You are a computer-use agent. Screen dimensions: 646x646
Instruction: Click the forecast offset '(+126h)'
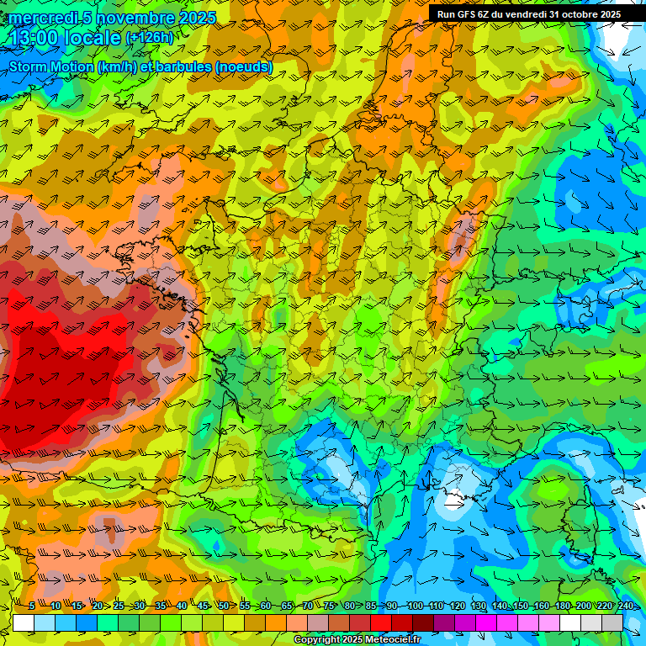pyautogui.click(x=149, y=38)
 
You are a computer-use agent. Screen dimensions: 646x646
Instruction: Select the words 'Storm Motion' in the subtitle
pyautogui.click(x=50, y=67)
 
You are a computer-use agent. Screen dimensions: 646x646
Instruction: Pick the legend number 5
pyautogui.click(x=32, y=606)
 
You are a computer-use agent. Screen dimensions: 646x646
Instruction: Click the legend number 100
pyautogui.click(x=415, y=606)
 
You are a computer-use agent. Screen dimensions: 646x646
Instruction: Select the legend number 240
pyautogui.click(x=626, y=606)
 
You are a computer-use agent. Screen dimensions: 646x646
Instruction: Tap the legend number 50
pyautogui.click(x=224, y=606)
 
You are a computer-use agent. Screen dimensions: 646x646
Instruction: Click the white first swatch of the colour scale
pyautogui.click(x=23, y=622)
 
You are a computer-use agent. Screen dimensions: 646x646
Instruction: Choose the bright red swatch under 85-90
pyautogui.click(x=381, y=622)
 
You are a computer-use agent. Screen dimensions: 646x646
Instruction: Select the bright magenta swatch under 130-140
pyautogui.click(x=487, y=622)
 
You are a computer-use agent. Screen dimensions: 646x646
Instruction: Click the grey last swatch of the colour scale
pyautogui.click(x=613, y=622)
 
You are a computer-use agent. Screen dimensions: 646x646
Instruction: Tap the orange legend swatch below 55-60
pyautogui.click(x=255, y=622)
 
